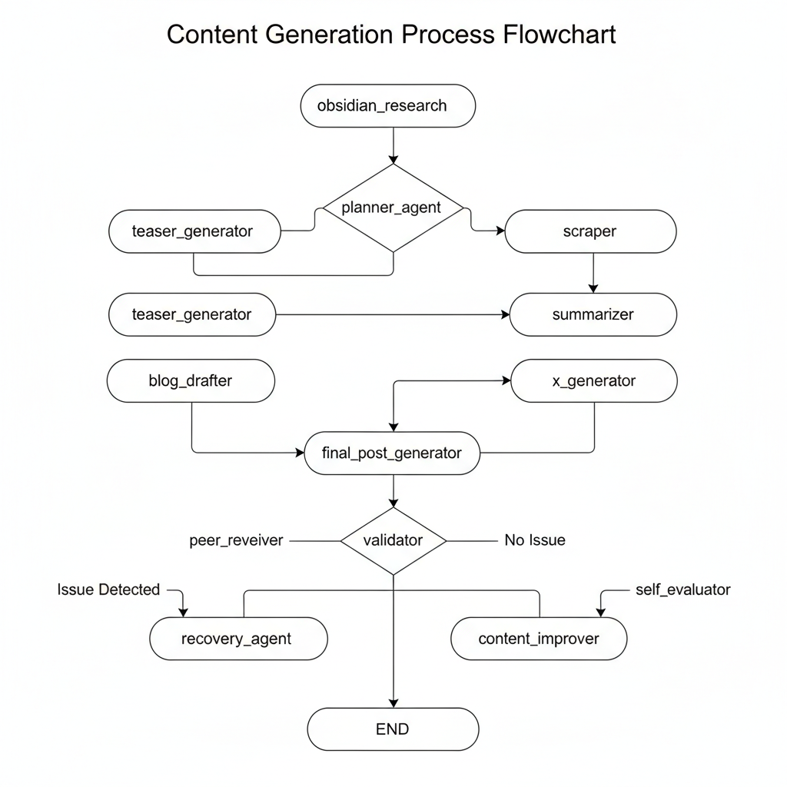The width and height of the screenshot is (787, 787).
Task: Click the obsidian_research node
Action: pos(387,106)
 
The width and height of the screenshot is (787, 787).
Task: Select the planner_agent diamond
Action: pos(393,208)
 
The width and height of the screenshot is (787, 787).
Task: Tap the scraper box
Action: pos(590,231)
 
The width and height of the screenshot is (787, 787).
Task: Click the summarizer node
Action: pos(593,314)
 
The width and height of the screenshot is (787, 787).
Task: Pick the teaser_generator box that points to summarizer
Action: pos(192,314)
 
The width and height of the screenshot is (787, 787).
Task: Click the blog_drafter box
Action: pos(191,380)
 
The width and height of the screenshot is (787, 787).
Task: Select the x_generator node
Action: pos(594,380)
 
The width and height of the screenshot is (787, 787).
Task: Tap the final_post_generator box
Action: pos(393,453)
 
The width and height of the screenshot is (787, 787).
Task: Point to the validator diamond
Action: pos(393,540)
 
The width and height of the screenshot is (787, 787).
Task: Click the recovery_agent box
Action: pos(237,639)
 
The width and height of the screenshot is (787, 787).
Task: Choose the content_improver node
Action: pos(539,639)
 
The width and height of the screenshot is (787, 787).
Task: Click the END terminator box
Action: pos(393,729)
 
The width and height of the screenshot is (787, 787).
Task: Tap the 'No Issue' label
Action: pos(535,540)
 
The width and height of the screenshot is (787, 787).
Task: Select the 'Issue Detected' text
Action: pos(108,589)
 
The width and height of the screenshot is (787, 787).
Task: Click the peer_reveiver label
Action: pos(236,540)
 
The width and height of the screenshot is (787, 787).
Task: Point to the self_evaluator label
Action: pos(682,589)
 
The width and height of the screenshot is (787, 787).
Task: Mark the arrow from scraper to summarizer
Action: pos(593,273)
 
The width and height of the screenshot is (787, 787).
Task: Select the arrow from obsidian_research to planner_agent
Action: pos(393,146)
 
